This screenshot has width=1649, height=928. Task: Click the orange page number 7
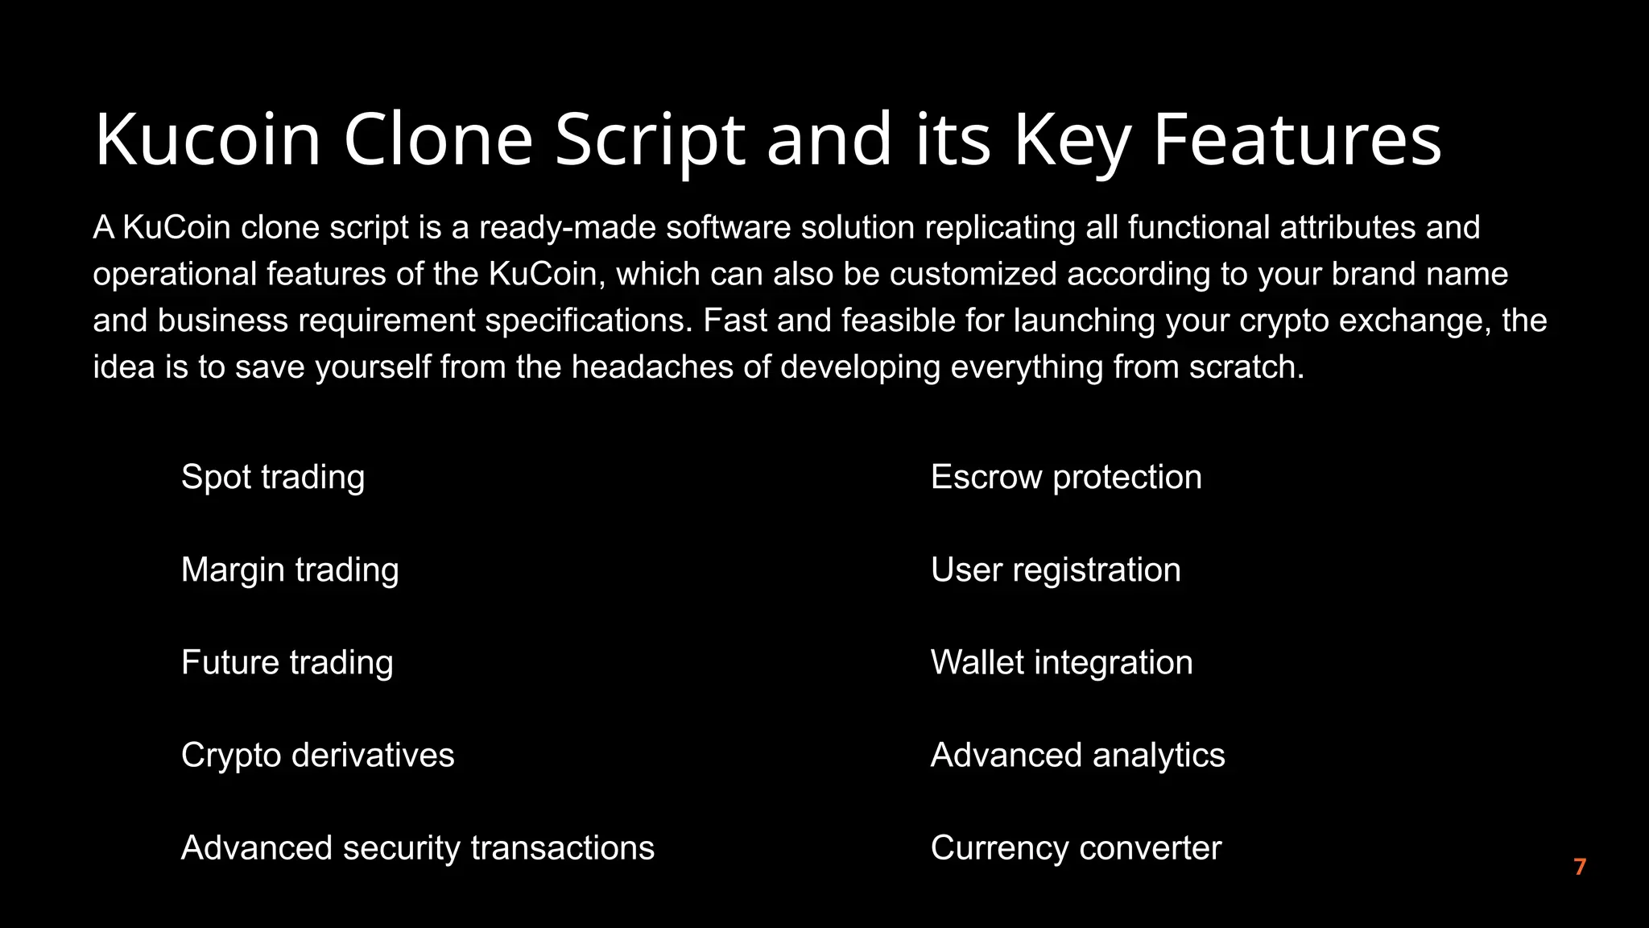[x=1580, y=867]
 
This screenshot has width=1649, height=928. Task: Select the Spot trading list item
[x=273, y=477]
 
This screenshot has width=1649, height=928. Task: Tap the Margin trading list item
[x=290, y=570]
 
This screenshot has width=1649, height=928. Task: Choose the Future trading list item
[x=287, y=662]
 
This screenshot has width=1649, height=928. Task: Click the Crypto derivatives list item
[x=317, y=756]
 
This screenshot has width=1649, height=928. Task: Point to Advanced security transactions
[x=418, y=848]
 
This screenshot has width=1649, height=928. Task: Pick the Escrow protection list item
[x=1066, y=477]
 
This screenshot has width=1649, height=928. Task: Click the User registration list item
[x=1056, y=570]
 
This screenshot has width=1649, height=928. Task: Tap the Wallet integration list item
[x=1061, y=662]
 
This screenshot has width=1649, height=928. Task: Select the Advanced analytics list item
[x=1077, y=756]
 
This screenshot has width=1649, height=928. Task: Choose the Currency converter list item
[x=1076, y=848]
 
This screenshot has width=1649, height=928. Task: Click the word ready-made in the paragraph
[x=567, y=228]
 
